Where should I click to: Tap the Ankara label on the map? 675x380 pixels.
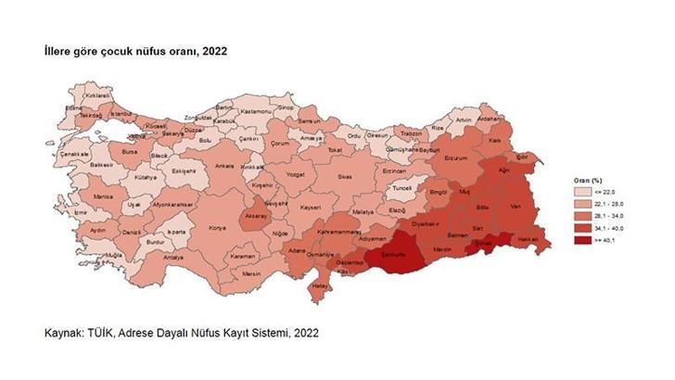[x=223, y=166]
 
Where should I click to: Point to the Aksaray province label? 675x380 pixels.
[x=255, y=215]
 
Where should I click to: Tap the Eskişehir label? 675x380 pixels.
[x=183, y=171]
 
